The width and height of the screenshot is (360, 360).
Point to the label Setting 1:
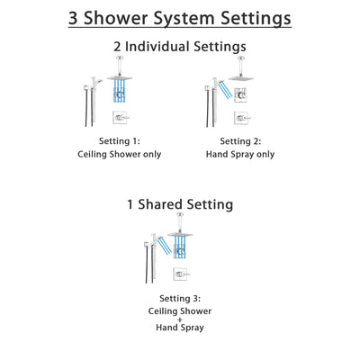pyautogui.click(x=120, y=140)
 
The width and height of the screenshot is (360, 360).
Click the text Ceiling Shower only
pyautogui.click(x=120, y=155)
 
